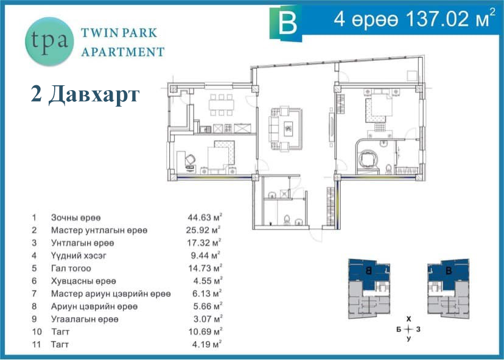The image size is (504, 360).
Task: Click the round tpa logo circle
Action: click(49, 41)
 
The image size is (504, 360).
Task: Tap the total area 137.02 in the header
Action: click(438, 19)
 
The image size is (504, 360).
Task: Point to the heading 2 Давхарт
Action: click(85, 94)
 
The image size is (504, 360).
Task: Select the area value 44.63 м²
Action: click(205, 217)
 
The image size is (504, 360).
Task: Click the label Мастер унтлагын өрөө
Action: click(99, 230)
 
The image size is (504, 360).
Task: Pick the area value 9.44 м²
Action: click(205, 255)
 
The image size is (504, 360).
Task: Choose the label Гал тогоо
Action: click(71, 268)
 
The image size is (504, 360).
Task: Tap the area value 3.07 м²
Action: click(208, 319)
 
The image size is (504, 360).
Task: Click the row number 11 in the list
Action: click(37, 345)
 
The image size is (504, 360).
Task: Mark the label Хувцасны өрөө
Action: click(83, 281)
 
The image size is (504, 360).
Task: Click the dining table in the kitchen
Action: click(221, 105)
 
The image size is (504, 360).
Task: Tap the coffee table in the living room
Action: click(289, 129)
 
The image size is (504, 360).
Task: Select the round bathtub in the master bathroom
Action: click(366, 158)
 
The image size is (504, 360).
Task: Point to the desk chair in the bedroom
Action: click(190, 159)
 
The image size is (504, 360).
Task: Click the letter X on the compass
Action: click(408, 319)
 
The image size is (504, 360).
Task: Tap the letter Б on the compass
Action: click(399, 330)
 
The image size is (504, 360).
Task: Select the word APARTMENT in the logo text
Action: click(123, 52)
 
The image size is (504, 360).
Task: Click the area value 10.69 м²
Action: click(205, 332)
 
